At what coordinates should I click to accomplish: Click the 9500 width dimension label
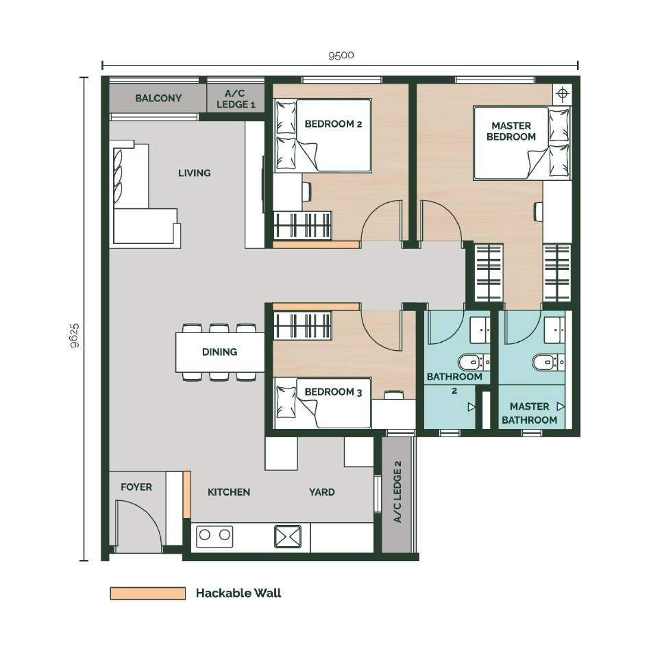[x=341, y=56]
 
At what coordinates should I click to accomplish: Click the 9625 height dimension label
[x=75, y=336]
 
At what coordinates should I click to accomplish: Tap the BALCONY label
[x=158, y=99]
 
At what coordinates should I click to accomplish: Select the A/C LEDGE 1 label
[x=236, y=99]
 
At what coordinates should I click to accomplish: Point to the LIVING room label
[x=195, y=173]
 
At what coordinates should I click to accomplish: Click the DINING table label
[x=220, y=352]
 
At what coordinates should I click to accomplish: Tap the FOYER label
[x=136, y=487]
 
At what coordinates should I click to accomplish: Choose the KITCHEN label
[x=229, y=493]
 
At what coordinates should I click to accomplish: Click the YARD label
[x=322, y=493]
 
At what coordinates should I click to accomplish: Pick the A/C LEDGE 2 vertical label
[x=397, y=491]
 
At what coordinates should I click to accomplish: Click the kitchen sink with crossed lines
[x=288, y=537]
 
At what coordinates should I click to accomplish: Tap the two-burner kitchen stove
[x=214, y=537]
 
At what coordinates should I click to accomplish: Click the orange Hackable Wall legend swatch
[x=148, y=593]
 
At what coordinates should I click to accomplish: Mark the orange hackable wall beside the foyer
[x=187, y=495]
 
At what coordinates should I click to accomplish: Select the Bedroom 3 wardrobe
[x=302, y=325]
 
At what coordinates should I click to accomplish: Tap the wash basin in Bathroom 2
[x=480, y=330]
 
